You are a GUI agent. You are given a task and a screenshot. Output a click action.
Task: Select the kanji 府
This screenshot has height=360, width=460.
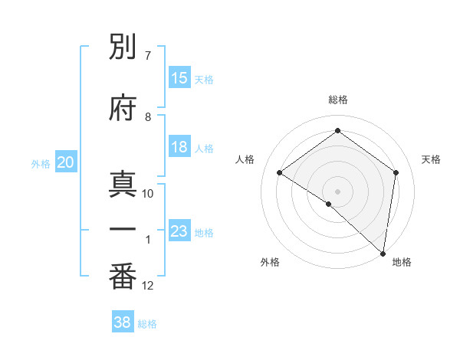(x=123, y=106)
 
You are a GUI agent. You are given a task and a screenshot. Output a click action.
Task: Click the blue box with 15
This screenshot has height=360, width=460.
(x=179, y=78)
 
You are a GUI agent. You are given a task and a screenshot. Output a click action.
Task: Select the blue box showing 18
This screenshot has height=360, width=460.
(x=179, y=147)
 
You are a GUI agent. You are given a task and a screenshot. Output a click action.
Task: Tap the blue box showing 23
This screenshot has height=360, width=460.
(x=179, y=231)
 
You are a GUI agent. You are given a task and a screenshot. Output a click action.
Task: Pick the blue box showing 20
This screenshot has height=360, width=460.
(x=65, y=162)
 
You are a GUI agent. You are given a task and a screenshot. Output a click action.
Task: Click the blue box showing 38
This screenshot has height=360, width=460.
(x=123, y=322)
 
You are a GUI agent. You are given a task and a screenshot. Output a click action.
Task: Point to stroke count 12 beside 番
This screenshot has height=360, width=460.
(x=148, y=286)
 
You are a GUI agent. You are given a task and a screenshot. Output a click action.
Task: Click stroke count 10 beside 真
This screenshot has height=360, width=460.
(x=148, y=193)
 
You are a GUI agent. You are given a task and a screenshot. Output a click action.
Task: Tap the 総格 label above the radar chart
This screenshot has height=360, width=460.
(x=337, y=100)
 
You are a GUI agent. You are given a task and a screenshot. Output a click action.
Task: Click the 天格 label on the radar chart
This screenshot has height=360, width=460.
(x=431, y=159)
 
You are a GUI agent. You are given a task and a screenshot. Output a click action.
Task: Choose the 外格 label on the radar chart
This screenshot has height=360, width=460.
(x=270, y=262)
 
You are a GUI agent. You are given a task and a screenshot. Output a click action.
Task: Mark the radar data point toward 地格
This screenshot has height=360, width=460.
(x=382, y=253)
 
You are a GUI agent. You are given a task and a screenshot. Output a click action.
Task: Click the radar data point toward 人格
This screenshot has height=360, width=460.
(x=279, y=172)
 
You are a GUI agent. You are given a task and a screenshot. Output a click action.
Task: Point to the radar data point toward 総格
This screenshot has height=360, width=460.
(x=337, y=132)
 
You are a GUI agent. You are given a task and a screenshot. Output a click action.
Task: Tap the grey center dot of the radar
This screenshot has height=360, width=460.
(x=337, y=191)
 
